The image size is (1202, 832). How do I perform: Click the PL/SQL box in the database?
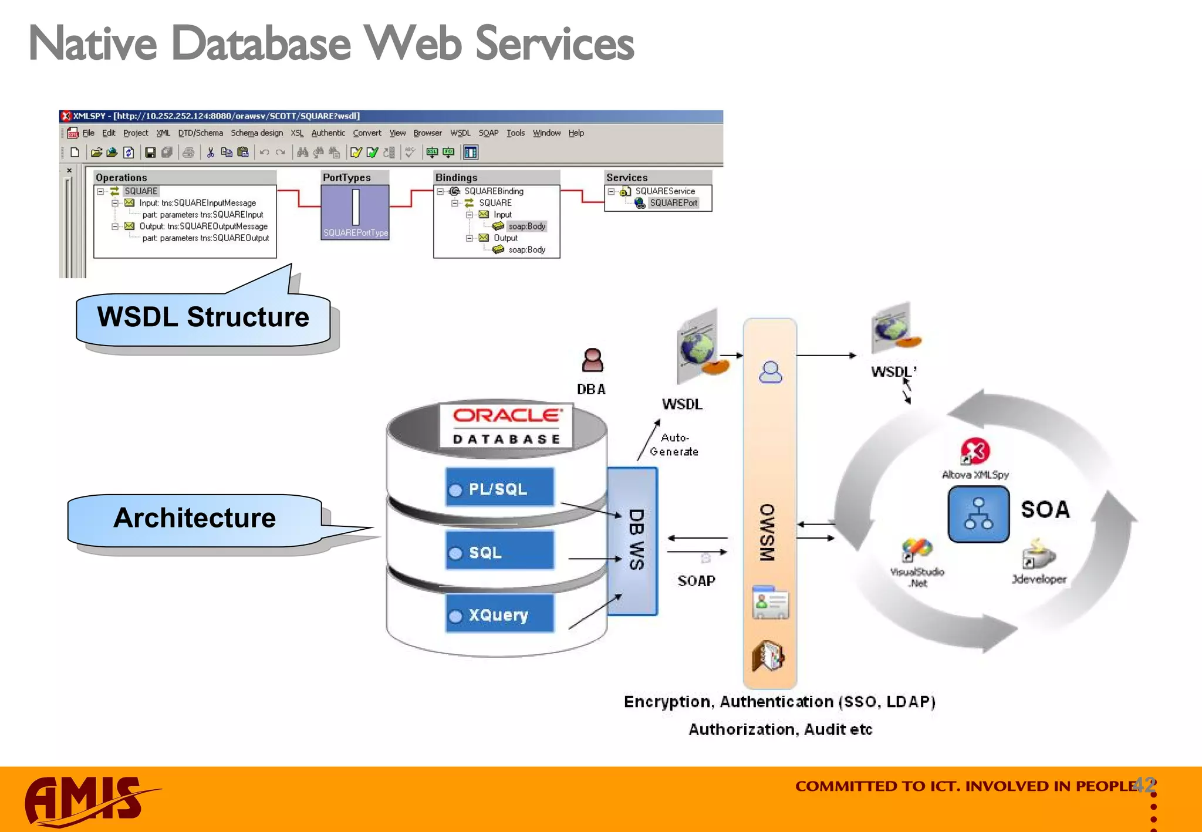(x=499, y=488)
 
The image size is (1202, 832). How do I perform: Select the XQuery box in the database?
(x=499, y=614)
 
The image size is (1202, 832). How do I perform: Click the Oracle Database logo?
(x=507, y=426)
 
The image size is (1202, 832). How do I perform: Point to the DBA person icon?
(x=592, y=360)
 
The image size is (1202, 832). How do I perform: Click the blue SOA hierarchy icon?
(x=978, y=513)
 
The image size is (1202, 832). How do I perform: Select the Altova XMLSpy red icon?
(x=975, y=451)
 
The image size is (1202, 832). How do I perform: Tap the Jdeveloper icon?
(x=1039, y=555)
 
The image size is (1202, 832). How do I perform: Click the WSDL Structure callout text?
(x=203, y=317)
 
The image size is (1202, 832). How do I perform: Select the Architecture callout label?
(x=194, y=518)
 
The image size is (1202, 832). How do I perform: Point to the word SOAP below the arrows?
(x=696, y=581)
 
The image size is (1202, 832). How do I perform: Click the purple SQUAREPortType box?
(x=355, y=212)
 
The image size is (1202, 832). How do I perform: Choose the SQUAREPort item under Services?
(x=673, y=203)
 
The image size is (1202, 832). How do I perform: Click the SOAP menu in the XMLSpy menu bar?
(x=488, y=133)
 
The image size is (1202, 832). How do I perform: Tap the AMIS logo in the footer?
(x=88, y=801)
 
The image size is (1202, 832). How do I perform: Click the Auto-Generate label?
(x=674, y=445)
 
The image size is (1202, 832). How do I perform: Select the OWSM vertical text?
(x=768, y=532)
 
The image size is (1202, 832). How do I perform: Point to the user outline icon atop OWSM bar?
(x=770, y=373)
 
